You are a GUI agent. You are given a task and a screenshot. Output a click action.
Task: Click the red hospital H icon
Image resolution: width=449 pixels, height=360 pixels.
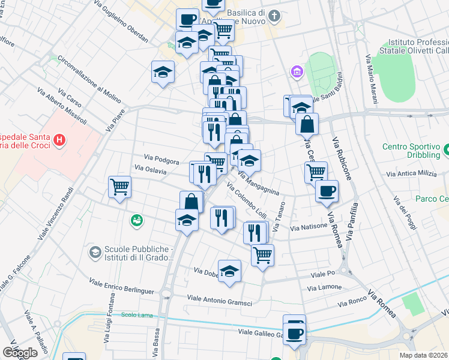[59, 140]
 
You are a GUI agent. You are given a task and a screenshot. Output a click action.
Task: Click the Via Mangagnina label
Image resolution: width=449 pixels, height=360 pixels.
[259, 183]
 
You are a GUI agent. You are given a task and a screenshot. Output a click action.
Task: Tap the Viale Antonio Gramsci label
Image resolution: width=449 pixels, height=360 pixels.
[219, 300]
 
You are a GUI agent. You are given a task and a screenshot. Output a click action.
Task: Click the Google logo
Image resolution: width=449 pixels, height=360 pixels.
[20, 353]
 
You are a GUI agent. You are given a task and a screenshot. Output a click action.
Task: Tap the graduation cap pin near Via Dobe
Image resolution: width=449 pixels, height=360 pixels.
[229, 271]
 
